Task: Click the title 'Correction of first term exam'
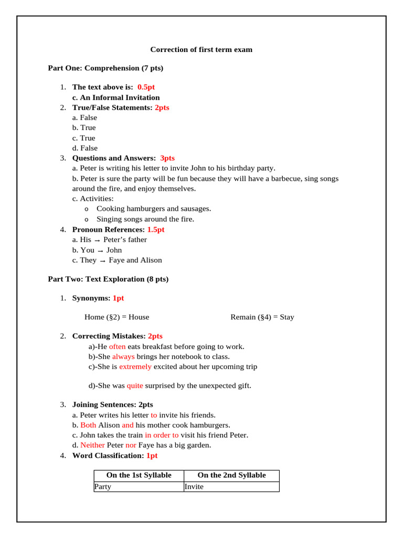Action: [201, 50]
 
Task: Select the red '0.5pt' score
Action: [146, 87]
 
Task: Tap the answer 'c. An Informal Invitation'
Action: [116, 97]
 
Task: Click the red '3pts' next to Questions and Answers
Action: [167, 158]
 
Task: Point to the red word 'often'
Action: [117, 347]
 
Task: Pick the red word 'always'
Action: [123, 357]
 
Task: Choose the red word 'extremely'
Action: [135, 367]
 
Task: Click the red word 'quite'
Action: [135, 386]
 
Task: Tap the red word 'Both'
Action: [88, 425]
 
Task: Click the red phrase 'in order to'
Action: [162, 435]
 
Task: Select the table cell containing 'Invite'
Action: [231, 487]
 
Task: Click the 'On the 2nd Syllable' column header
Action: [231, 475]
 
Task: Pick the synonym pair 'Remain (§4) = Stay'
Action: [262, 317]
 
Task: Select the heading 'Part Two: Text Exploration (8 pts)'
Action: [108, 280]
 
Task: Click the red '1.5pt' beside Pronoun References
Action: [156, 230]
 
